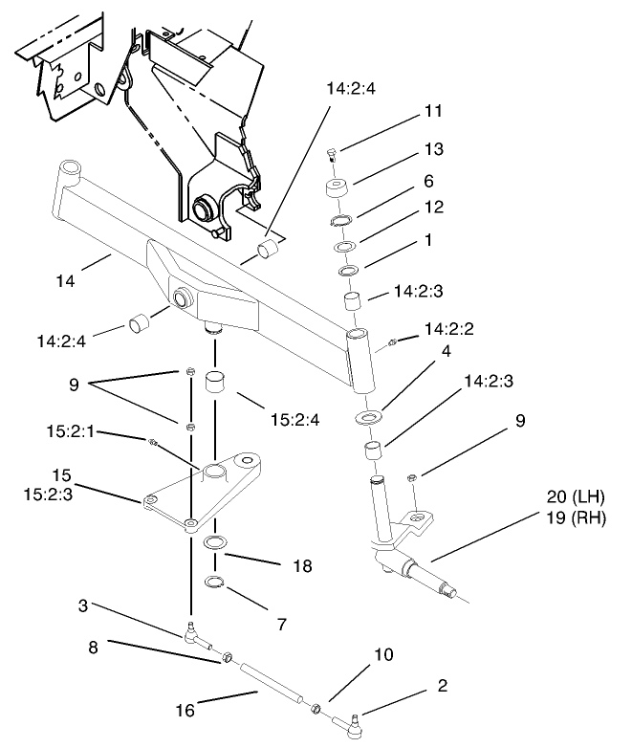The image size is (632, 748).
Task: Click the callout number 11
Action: pos(434,112)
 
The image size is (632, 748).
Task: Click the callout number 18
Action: pos(302,566)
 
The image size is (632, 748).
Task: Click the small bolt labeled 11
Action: pos(330,154)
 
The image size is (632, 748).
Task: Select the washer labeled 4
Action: pos(367,418)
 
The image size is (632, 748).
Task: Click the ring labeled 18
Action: pos(217,544)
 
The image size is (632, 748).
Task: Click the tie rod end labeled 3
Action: pos(195,634)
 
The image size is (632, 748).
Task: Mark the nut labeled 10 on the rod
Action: pos(315,710)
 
